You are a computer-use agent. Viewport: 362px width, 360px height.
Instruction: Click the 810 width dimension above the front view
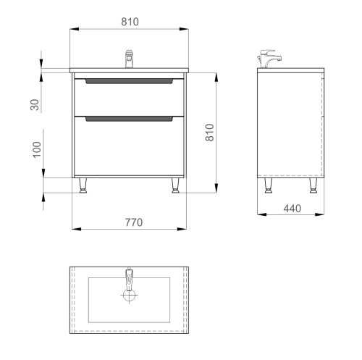point(129,22)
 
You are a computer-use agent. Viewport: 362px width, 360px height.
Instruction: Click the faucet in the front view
point(130,57)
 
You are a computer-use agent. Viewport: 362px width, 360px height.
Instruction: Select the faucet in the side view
point(270,60)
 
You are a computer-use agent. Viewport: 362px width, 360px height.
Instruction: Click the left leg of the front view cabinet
point(84,186)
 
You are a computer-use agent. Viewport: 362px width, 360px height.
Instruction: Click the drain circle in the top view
point(129,296)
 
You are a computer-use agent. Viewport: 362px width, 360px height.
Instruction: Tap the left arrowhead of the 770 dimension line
point(76,229)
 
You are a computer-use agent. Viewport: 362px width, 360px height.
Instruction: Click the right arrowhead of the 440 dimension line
point(321,215)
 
